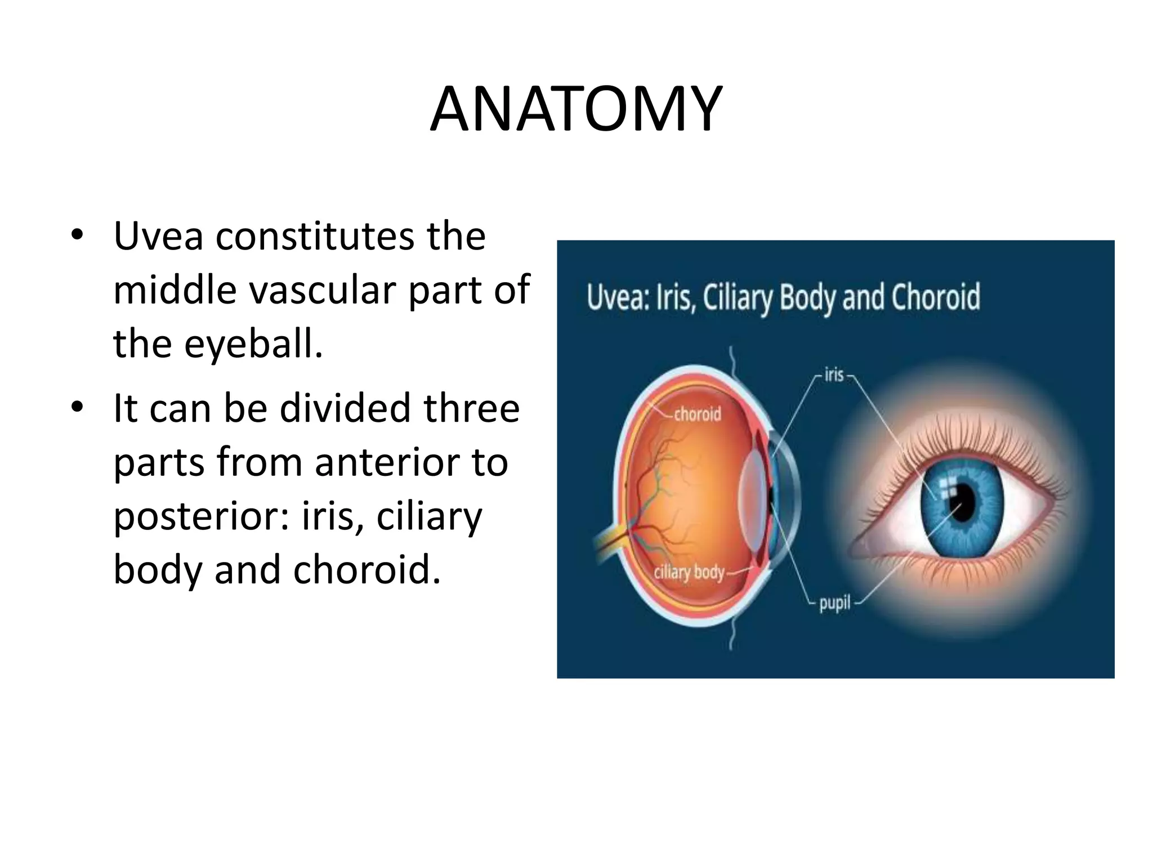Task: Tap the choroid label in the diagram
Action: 697,414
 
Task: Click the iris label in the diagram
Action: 834,374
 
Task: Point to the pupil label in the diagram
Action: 834,604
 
